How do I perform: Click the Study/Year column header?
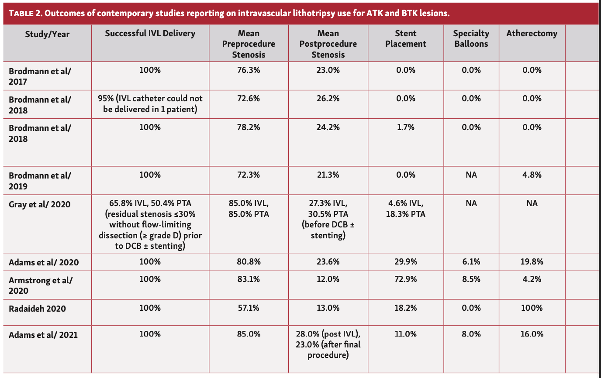click(47, 34)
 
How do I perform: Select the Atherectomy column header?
click(532, 34)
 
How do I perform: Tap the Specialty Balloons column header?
click(471, 38)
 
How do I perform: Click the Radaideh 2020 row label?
click(37, 309)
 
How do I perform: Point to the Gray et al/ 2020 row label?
click(40, 204)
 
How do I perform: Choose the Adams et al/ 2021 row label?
click(43, 335)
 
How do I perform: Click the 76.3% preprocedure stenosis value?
click(249, 70)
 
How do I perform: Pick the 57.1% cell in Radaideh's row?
click(249, 308)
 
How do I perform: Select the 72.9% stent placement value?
click(405, 279)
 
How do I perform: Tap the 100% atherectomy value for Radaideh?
click(532, 308)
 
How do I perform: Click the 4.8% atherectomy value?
click(532, 175)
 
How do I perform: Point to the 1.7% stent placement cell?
click(405, 127)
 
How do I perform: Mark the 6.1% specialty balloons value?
click(471, 261)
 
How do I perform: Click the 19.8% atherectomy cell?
click(532, 261)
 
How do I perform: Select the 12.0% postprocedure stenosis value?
click(328, 279)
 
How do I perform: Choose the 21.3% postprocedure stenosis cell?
click(328, 175)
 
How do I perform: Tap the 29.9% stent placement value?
click(405, 261)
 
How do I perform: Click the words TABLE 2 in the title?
click(25, 14)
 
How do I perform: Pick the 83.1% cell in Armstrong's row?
click(249, 279)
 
